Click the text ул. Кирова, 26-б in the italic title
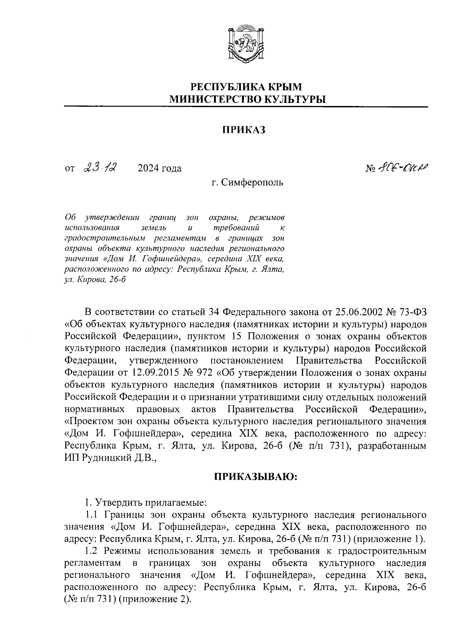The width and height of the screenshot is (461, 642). pyautogui.click(x=95, y=280)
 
